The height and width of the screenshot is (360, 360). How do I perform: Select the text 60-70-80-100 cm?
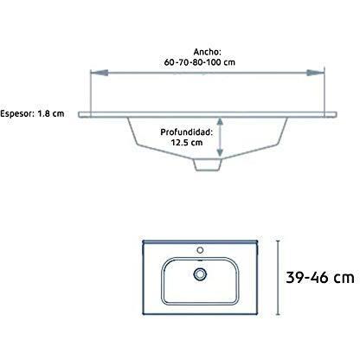click(200, 62)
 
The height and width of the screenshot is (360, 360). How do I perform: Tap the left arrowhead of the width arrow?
click(100, 73)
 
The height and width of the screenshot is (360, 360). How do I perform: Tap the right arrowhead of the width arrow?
click(315, 73)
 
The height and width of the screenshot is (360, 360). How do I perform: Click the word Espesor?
click(16, 113)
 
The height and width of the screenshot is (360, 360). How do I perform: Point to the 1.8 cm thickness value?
click(51, 113)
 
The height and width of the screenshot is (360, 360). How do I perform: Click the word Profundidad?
click(186, 132)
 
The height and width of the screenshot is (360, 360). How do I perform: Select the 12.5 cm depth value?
click(186, 143)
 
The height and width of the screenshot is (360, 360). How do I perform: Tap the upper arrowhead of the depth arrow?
click(220, 123)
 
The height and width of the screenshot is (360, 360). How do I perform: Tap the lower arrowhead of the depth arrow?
click(220, 151)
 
